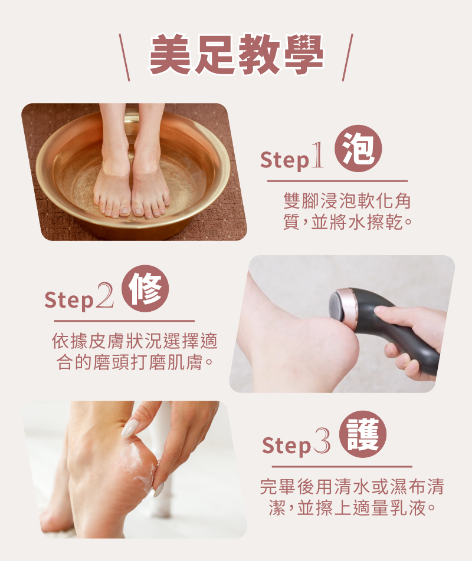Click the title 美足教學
click(x=236, y=56)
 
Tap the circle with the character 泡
click(x=358, y=148)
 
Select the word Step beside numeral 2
click(x=69, y=301)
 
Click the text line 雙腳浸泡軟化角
click(x=347, y=202)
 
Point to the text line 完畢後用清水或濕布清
click(x=352, y=487)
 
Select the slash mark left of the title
click(x=124, y=58)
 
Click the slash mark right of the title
click(x=347, y=58)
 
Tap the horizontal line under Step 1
click(x=337, y=181)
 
